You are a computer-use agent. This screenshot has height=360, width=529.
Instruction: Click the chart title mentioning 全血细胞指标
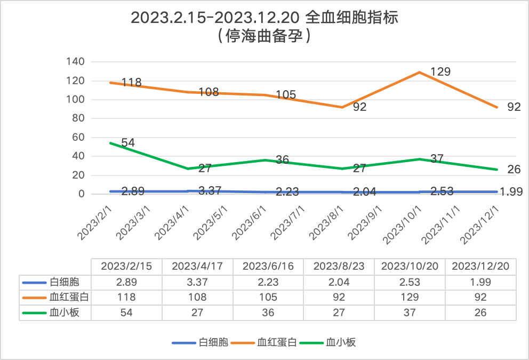pyautogui.click(x=264, y=18)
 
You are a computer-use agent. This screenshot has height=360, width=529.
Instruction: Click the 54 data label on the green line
pyautogui.click(x=127, y=142)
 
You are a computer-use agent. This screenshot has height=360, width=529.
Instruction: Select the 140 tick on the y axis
pyautogui.click(x=75, y=62)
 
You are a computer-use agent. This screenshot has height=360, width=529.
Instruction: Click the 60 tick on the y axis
pyautogui.click(x=78, y=138)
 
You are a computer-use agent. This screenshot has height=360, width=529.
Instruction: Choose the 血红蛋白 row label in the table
pyautogui.click(x=69, y=297)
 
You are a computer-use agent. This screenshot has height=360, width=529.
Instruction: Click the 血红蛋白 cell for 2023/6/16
pyautogui.click(x=268, y=297)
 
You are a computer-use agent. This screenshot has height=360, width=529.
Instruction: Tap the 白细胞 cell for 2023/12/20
pyautogui.click(x=480, y=282)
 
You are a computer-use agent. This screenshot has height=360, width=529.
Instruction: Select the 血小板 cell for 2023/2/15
pyautogui.click(x=126, y=313)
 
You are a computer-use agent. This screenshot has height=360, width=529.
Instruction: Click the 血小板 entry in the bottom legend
pyautogui.click(x=341, y=342)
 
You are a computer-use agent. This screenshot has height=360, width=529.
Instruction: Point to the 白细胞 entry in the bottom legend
pyautogui.click(x=213, y=342)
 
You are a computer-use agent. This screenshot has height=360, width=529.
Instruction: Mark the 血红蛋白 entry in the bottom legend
pyautogui.click(x=277, y=342)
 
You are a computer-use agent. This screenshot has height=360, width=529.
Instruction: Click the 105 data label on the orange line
pyautogui.click(x=286, y=95)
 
